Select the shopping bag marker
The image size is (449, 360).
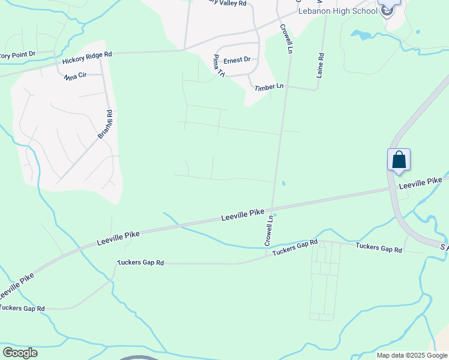(x=399, y=161)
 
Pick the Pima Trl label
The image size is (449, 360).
(x=218, y=66)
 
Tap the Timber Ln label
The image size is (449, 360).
(x=268, y=87)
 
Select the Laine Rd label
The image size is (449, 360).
(x=320, y=64)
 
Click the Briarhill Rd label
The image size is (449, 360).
(x=106, y=124)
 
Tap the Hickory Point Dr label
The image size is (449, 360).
(x=18, y=54)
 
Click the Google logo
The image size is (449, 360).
(x=20, y=352)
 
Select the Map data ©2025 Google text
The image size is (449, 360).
(x=412, y=355)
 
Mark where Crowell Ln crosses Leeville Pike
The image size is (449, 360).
(x=274, y=207)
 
